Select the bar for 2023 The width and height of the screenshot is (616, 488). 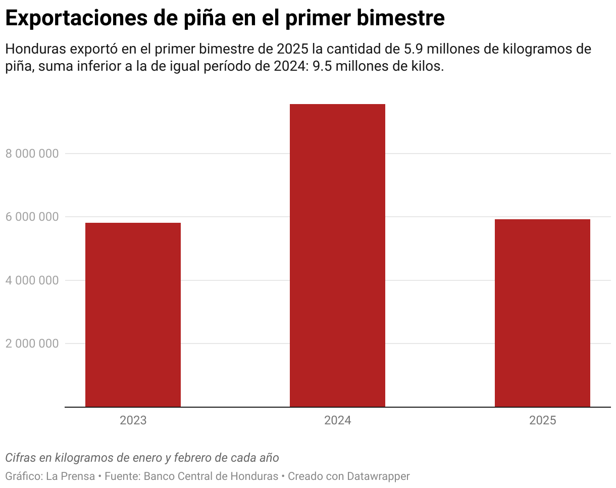tap(133, 315)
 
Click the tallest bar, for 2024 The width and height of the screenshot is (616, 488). tap(337, 255)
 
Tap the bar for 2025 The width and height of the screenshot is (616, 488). tap(542, 313)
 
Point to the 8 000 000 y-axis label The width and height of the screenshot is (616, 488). tap(32, 154)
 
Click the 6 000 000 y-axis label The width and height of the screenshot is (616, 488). tap(32, 217)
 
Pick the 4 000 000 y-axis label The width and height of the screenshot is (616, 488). tap(32, 280)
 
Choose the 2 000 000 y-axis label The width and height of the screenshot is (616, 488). tap(32, 344)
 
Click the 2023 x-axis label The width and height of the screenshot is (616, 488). tap(133, 421)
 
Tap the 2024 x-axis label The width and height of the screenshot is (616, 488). tap(337, 421)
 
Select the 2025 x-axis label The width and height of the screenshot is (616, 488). tap(542, 421)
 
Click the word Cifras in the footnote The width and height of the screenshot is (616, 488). tap(20, 458)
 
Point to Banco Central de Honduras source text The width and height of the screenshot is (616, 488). tap(211, 476)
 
